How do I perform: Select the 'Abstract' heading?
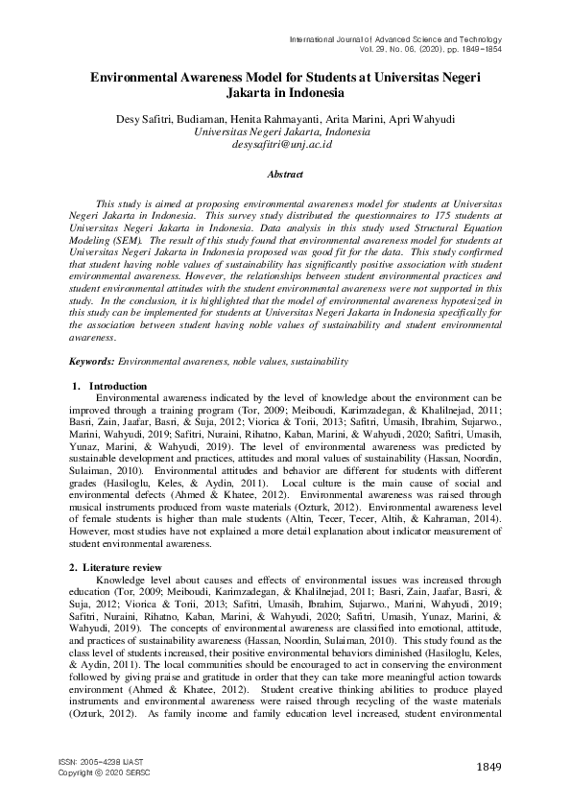[285, 175]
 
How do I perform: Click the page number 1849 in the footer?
[490, 765]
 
